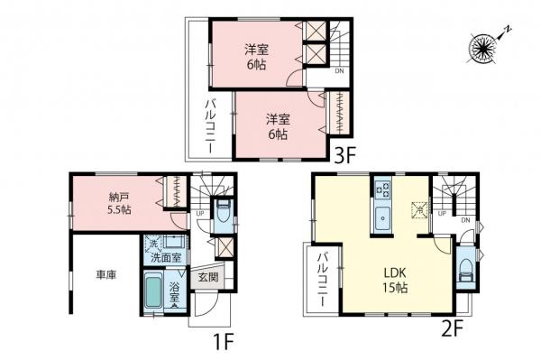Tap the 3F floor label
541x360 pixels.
click(346, 154)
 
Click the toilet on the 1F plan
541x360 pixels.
click(224, 215)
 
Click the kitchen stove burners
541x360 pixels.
click(382, 190)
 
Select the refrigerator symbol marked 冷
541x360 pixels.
click(417, 209)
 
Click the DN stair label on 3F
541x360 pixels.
click(339, 70)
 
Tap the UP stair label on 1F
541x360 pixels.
click(199, 214)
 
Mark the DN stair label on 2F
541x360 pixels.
click(465, 219)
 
